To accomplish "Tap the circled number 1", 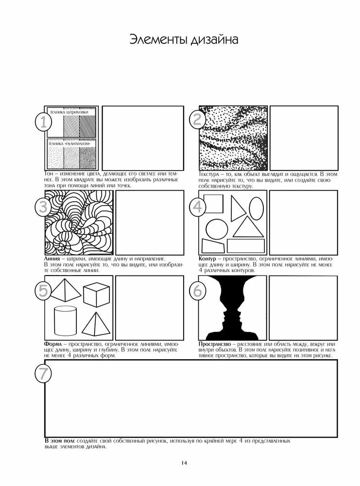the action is click(43, 122).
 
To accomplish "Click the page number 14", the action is click(184, 463).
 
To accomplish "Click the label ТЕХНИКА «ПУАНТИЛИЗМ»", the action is click(69, 144).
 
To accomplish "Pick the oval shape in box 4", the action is click(257, 205).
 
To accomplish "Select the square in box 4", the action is click(213, 204).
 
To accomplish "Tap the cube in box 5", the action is click(96, 295).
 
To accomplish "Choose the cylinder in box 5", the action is click(66, 321).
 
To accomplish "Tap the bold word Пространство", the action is click(215, 344).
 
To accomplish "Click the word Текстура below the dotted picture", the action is click(209, 174).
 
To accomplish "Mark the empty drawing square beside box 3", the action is click(150, 223).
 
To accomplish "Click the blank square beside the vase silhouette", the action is click(303, 308).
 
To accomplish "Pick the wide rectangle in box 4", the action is click(246, 246).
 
